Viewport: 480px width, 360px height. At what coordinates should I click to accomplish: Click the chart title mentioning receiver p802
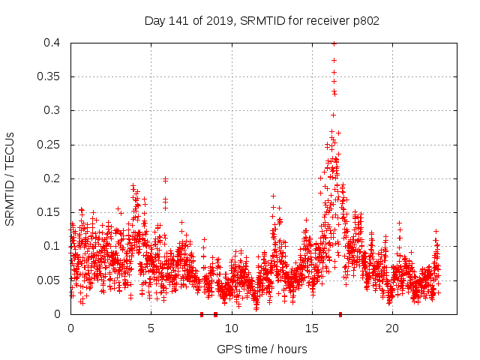coord(262,21)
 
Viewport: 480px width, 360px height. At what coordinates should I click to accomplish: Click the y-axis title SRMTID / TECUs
coord(10,178)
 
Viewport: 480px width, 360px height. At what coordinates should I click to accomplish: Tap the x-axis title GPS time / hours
coord(262,349)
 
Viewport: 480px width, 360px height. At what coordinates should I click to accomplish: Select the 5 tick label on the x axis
coord(151,328)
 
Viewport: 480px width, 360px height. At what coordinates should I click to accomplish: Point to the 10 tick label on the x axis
coord(231,328)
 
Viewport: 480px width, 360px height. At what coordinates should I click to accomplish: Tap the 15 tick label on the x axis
coord(311,328)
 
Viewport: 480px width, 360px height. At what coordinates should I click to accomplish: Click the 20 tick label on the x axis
coord(391,328)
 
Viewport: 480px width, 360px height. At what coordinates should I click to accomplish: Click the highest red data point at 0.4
coord(334,43)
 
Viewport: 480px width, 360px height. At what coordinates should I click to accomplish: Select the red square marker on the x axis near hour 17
coord(340,314)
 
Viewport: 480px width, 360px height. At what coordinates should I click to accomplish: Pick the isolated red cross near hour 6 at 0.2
coord(165,179)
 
